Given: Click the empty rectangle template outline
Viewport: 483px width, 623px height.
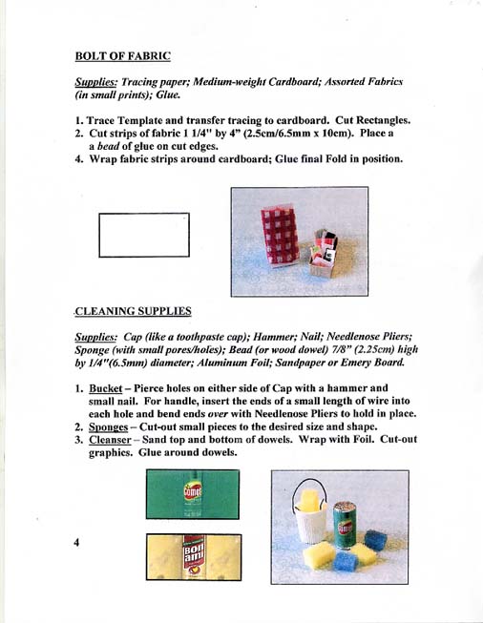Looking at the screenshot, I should (x=143, y=235).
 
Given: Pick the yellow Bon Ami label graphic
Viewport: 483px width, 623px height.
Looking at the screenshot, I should (x=194, y=557).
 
